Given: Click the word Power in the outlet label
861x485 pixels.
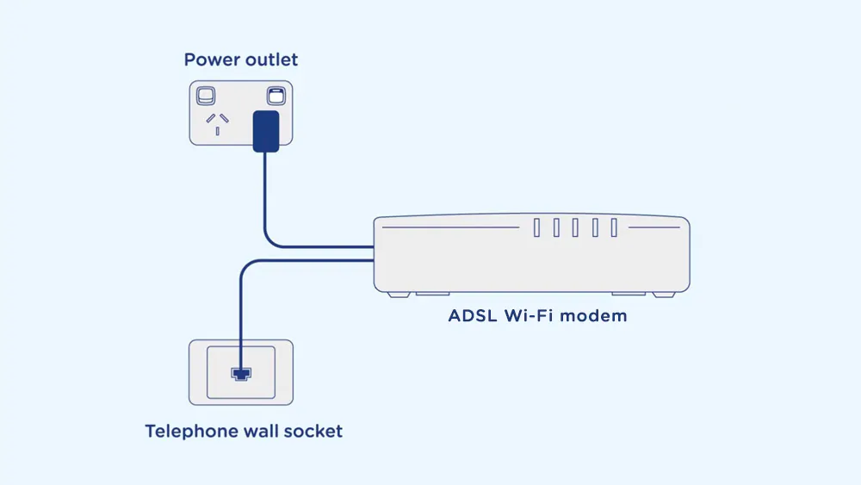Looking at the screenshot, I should [x=210, y=60].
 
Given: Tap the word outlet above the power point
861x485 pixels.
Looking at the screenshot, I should [x=269, y=60].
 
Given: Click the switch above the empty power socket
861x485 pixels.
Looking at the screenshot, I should [x=207, y=95].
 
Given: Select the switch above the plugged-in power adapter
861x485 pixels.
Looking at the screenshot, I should [x=275, y=95].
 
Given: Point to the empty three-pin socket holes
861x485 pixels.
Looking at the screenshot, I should [x=216, y=123].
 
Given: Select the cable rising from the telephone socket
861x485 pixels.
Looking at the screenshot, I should [x=242, y=310].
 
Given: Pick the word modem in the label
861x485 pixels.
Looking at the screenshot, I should [x=598, y=315].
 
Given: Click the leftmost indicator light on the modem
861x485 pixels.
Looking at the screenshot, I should [x=536, y=227].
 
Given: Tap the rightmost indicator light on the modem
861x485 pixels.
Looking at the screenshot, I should [x=614, y=227].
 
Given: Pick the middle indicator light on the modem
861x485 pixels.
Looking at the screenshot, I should [x=575, y=227].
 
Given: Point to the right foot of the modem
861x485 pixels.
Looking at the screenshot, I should [x=663, y=294].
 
